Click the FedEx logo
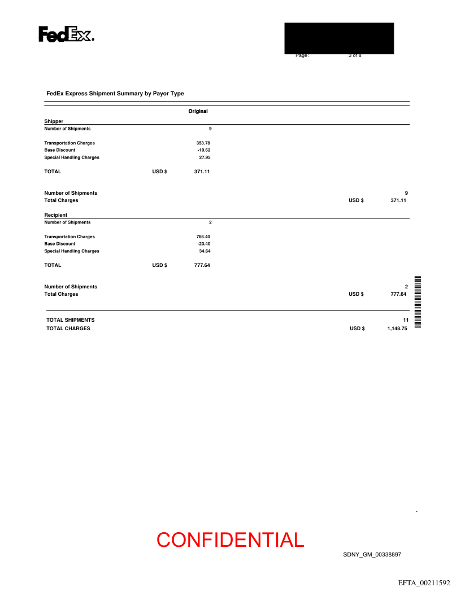(66, 34)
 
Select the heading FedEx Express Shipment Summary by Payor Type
(115, 94)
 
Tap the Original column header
(198, 111)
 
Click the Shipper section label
(54, 121)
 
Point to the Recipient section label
(56, 215)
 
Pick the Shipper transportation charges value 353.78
(203, 143)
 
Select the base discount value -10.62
(203, 150)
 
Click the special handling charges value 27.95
(205, 157)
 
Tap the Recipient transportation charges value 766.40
(203, 236)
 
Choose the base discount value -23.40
(203, 244)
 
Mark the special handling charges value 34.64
(205, 251)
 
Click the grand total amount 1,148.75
(397, 328)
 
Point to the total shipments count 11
(405, 320)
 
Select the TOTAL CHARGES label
(68, 328)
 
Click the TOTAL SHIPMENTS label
(70, 320)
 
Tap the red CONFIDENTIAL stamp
(230, 540)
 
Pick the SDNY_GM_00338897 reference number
(372, 555)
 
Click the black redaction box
(339, 38)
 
